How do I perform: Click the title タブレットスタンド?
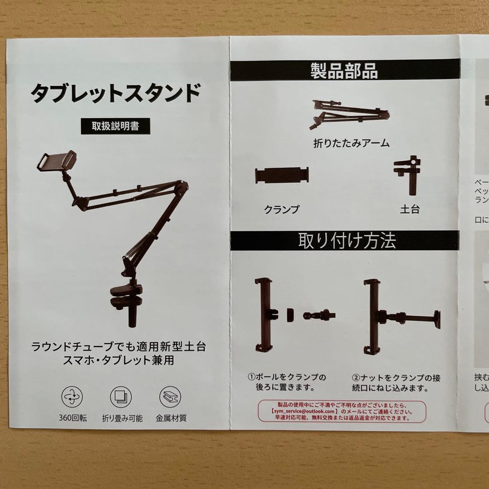[115, 94]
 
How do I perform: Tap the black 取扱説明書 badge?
[115, 126]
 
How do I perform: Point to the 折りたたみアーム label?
[351, 144]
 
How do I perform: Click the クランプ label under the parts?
[282, 209]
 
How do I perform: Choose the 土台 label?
[409, 209]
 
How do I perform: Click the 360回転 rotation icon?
[72, 397]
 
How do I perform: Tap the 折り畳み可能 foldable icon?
[121, 397]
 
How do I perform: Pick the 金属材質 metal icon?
[170, 397]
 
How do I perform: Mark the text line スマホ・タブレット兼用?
[119, 361]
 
